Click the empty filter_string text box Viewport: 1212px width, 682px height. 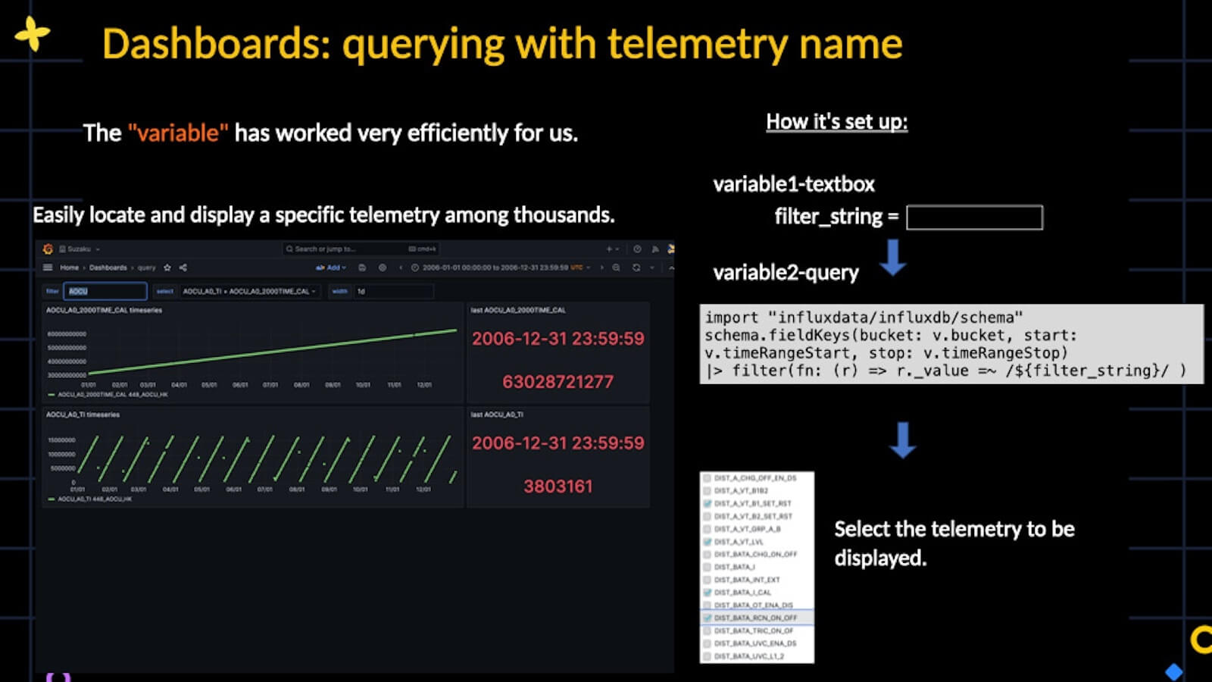coord(974,218)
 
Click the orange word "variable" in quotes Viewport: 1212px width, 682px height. coord(178,133)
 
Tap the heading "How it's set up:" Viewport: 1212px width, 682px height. coord(836,122)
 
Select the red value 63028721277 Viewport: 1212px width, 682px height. coord(558,382)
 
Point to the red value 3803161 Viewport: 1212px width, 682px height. coord(558,486)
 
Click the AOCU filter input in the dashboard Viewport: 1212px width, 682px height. coord(105,291)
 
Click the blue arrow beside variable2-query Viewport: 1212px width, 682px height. coord(893,258)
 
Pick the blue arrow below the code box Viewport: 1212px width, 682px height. coord(901,440)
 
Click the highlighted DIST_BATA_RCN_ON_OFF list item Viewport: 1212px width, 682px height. coord(755,618)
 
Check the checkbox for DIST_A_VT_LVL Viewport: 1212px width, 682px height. coord(708,542)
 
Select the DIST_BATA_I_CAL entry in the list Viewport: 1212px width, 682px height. coord(742,593)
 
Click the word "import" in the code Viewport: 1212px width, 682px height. coord(731,318)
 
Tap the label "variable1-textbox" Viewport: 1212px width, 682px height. coord(793,184)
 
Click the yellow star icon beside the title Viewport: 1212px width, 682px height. coord(32,34)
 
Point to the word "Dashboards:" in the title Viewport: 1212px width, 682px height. coord(217,44)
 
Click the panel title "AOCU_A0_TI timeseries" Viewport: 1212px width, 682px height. coord(83,415)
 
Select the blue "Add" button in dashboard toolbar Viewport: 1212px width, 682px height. coord(332,267)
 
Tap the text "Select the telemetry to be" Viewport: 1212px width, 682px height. coord(954,529)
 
